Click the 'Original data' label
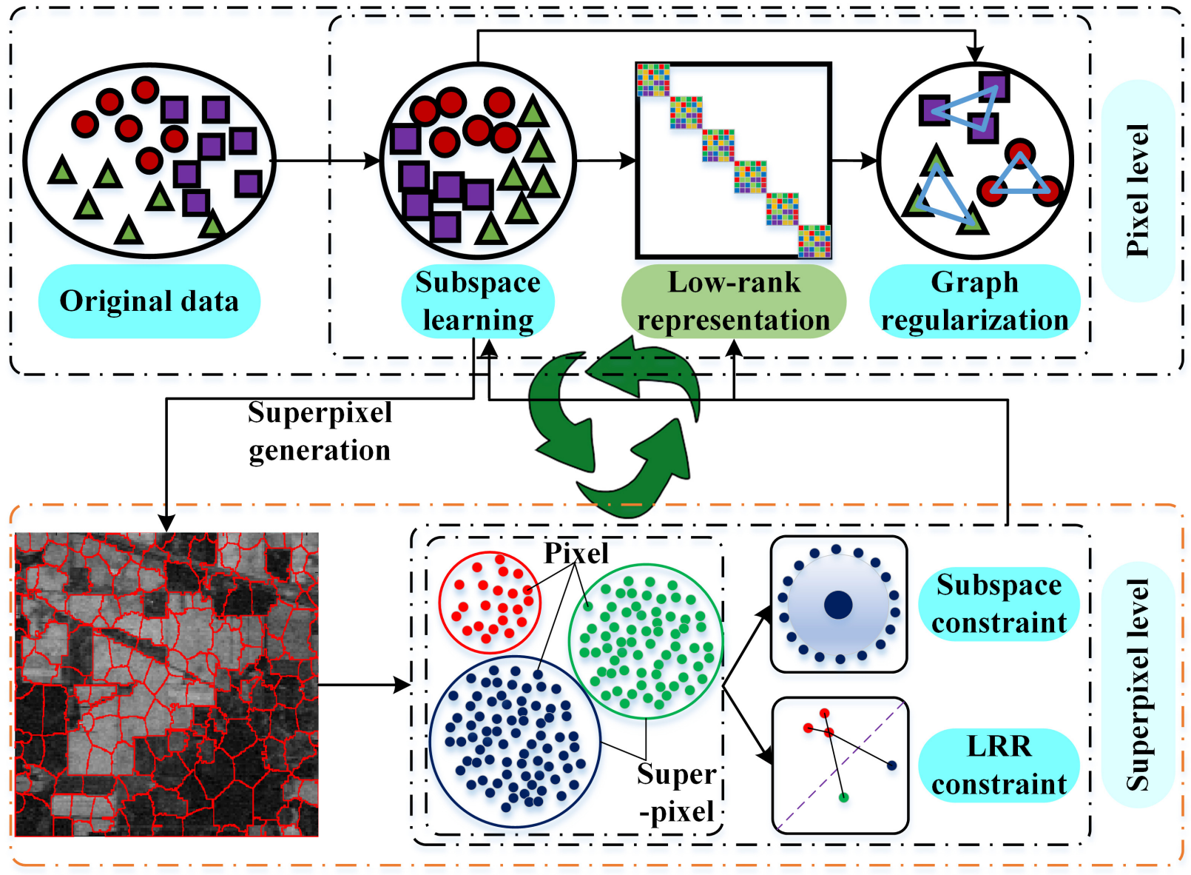point(149,301)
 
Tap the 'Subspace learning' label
point(477,301)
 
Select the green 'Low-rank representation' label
point(734,301)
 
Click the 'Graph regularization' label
point(974,301)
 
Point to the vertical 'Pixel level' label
point(1138,190)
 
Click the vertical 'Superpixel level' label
point(1138,685)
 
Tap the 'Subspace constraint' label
point(999,604)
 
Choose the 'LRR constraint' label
point(999,765)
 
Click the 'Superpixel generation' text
point(320,432)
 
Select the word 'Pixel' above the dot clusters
point(576,553)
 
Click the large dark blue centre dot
point(838,605)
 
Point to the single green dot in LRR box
point(843,797)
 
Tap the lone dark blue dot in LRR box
point(891,765)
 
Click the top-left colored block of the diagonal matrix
point(653,80)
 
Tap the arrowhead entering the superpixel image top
point(166,523)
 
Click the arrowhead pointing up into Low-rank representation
point(734,348)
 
